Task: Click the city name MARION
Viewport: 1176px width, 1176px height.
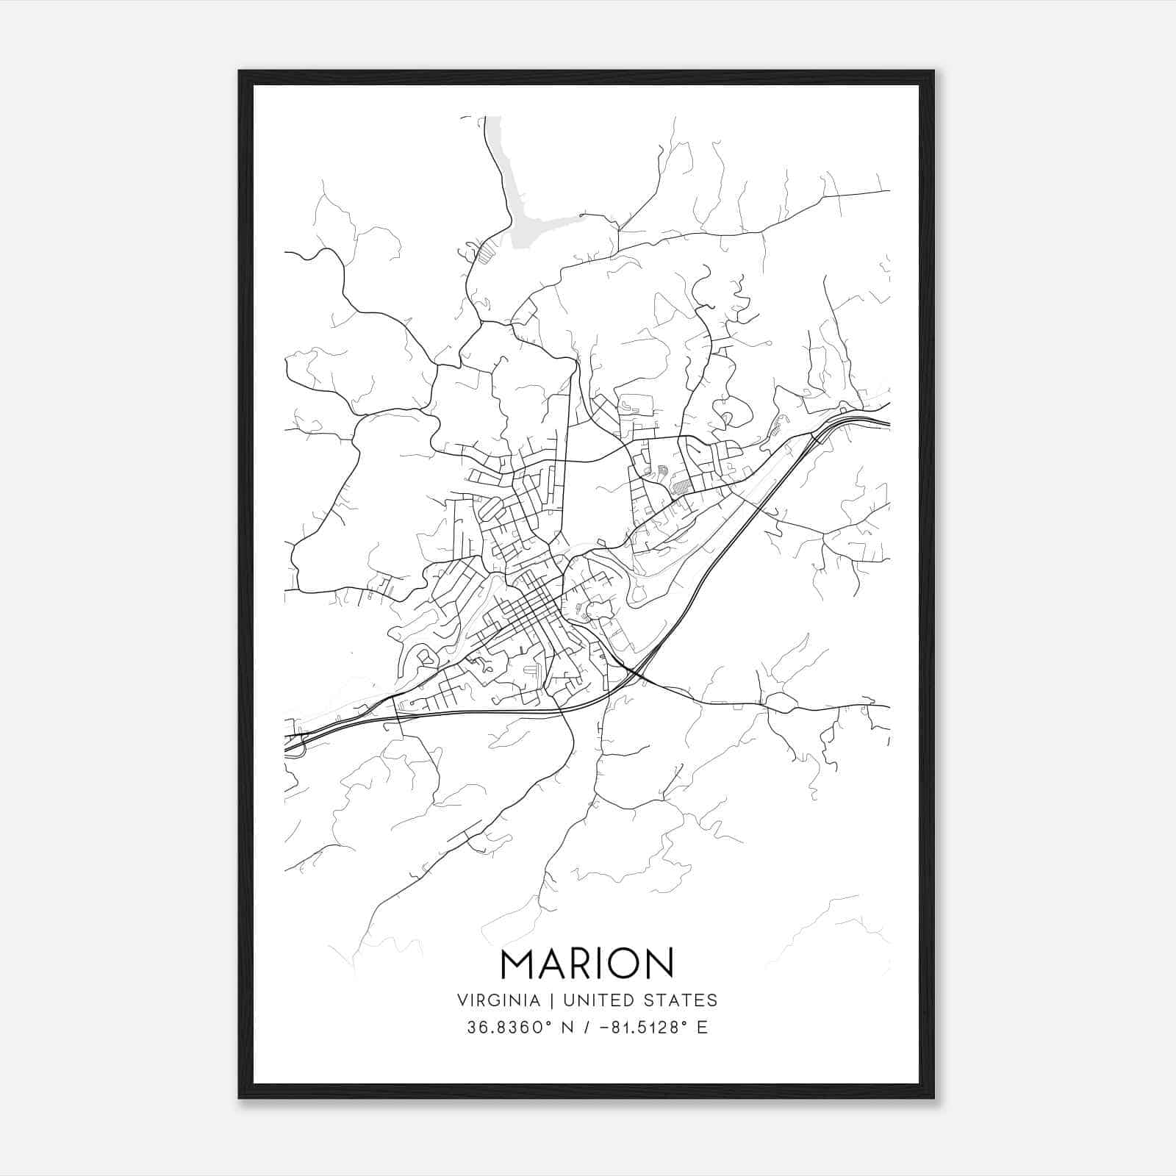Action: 587,963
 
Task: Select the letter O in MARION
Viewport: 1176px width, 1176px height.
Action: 623,963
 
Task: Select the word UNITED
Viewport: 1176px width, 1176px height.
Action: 591,1000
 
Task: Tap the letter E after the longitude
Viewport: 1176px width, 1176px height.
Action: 703,1028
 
